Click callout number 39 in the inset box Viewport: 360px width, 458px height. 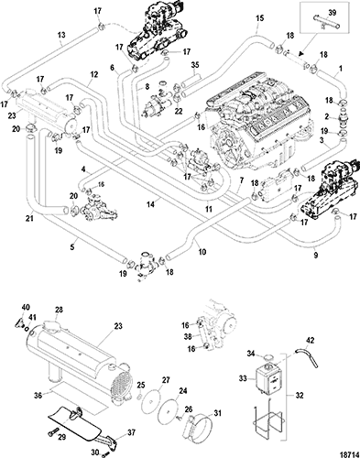click(x=333, y=12)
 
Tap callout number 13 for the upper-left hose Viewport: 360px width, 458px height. click(x=61, y=35)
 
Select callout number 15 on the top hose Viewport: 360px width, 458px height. click(x=259, y=18)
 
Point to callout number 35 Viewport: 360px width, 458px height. click(x=195, y=65)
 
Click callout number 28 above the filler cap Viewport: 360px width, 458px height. click(x=59, y=310)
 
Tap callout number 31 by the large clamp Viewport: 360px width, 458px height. click(x=217, y=413)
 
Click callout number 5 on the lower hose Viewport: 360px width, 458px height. click(x=72, y=247)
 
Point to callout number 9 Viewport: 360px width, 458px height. click(x=316, y=255)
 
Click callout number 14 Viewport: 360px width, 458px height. click(x=150, y=204)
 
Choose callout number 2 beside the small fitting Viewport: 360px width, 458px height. click(x=326, y=116)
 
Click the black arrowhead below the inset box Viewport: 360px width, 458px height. click(x=301, y=54)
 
